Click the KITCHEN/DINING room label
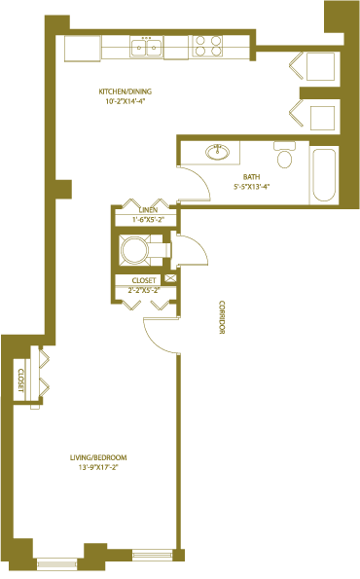tap(125, 91)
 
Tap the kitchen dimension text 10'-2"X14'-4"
tap(126, 101)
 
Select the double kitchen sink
tap(147, 47)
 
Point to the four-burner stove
tap(207, 46)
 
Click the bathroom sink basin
tap(217, 152)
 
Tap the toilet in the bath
tap(284, 154)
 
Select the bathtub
tap(324, 174)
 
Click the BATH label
tap(251, 177)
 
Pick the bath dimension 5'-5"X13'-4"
tap(251, 187)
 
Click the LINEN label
tap(148, 210)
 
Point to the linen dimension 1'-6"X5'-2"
tap(148, 219)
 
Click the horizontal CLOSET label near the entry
tap(144, 280)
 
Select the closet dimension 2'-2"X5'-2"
tap(144, 290)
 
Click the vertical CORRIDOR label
tap(222, 317)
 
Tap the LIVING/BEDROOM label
tap(98, 457)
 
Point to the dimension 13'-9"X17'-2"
tap(98, 467)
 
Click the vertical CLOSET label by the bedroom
tap(20, 380)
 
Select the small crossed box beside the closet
tap(170, 278)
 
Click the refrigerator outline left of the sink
tap(83, 49)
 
